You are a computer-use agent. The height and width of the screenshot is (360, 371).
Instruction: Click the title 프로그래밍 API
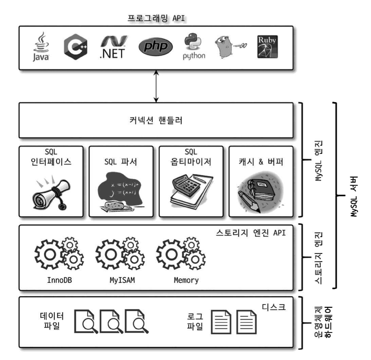click(x=156, y=18)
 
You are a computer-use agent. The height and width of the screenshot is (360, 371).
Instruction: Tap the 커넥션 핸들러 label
click(x=156, y=120)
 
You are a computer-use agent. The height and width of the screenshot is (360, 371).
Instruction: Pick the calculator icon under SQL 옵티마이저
click(x=191, y=192)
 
